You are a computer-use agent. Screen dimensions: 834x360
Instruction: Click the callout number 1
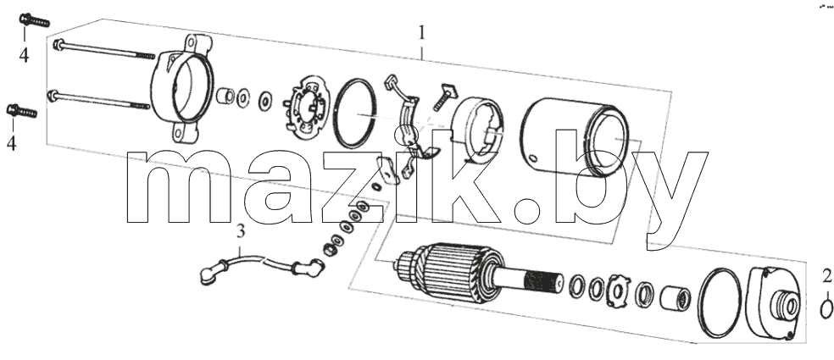[x=422, y=33]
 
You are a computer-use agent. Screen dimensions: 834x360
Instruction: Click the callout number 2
[x=826, y=276]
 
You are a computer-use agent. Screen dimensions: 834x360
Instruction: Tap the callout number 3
[x=241, y=232]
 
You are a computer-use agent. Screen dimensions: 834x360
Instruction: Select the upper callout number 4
[x=24, y=55]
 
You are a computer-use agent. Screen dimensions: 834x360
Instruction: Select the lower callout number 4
[x=12, y=142]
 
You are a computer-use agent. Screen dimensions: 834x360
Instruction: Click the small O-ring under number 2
[x=826, y=309]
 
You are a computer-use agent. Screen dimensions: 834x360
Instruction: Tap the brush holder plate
[x=305, y=107]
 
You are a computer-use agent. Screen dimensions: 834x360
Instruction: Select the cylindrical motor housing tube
[x=575, y=137]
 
